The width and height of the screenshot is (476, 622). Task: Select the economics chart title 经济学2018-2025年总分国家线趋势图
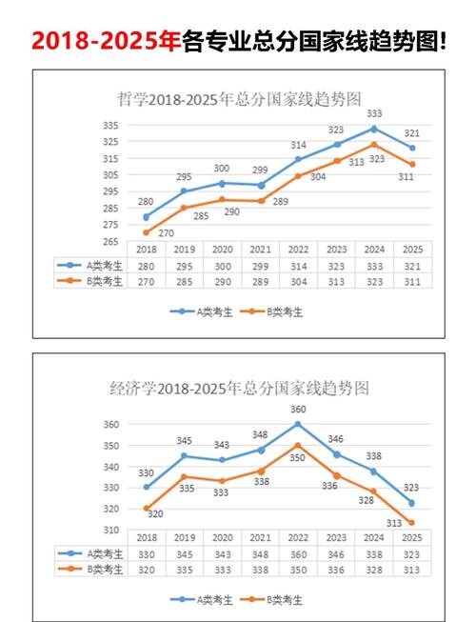237,388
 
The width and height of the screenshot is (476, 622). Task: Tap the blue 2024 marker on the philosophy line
373,129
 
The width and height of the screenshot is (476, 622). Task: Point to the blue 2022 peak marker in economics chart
298,424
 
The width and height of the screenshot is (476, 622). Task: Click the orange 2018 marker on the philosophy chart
146,232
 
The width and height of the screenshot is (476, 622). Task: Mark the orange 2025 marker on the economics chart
411,522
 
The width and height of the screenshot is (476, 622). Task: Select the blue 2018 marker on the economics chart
147,487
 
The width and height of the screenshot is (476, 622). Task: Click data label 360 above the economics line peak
298,411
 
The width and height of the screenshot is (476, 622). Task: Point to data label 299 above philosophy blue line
260,170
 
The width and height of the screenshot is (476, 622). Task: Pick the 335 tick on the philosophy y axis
112,126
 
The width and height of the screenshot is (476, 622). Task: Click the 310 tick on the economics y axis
111,530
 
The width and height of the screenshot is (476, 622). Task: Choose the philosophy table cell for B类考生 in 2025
411,281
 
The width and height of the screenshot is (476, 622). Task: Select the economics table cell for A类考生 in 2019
185,552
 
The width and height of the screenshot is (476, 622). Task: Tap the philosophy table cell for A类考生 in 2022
298,266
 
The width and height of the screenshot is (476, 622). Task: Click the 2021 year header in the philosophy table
260,250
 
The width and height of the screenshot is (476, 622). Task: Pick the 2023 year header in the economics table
335,537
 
